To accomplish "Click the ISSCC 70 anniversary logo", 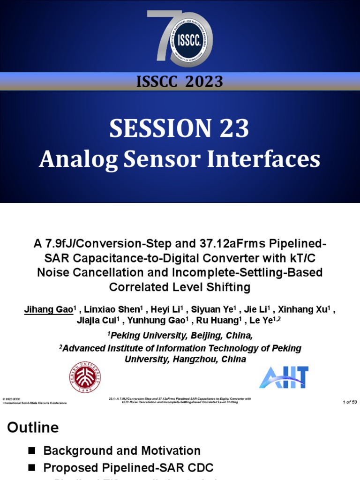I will (180, 38).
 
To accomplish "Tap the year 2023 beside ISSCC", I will (204, 82).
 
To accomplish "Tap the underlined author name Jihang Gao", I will (49, 310).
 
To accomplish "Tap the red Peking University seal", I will (86, 377).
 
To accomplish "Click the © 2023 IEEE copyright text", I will (12, 399).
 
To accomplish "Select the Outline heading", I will (32, 427).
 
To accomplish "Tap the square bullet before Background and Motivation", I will (32, 451).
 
